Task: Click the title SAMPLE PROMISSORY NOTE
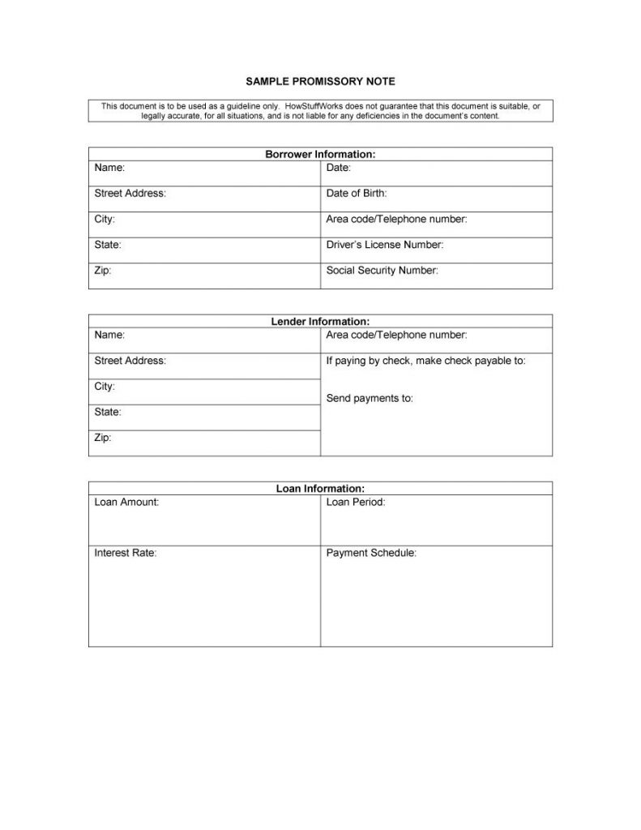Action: click(x=320, y=83)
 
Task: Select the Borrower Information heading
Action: click(x=320, y=154)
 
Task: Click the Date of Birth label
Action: click(x=356, y=194)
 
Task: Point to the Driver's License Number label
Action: click(x=384, y=245)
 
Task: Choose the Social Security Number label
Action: click(x=382, y=271)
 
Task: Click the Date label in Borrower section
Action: click(x=338, y=168)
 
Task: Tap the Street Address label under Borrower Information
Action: click(x=130, y=194)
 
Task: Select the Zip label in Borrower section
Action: click(x=102, y=271)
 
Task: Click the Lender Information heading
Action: click(x=320, y=322)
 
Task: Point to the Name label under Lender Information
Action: click(x=109, y=335)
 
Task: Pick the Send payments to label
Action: click(x=369, y=399)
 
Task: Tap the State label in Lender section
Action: click(x=108, y=413)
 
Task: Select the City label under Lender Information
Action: click(x=105, y=387)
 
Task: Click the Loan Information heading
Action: click(x=320, y=489)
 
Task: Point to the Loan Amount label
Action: click(x=126, y=503)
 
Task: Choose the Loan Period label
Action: click(x=355, y=503)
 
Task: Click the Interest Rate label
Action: click(x=125, y=553)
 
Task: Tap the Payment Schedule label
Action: click(x=371, y=553)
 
